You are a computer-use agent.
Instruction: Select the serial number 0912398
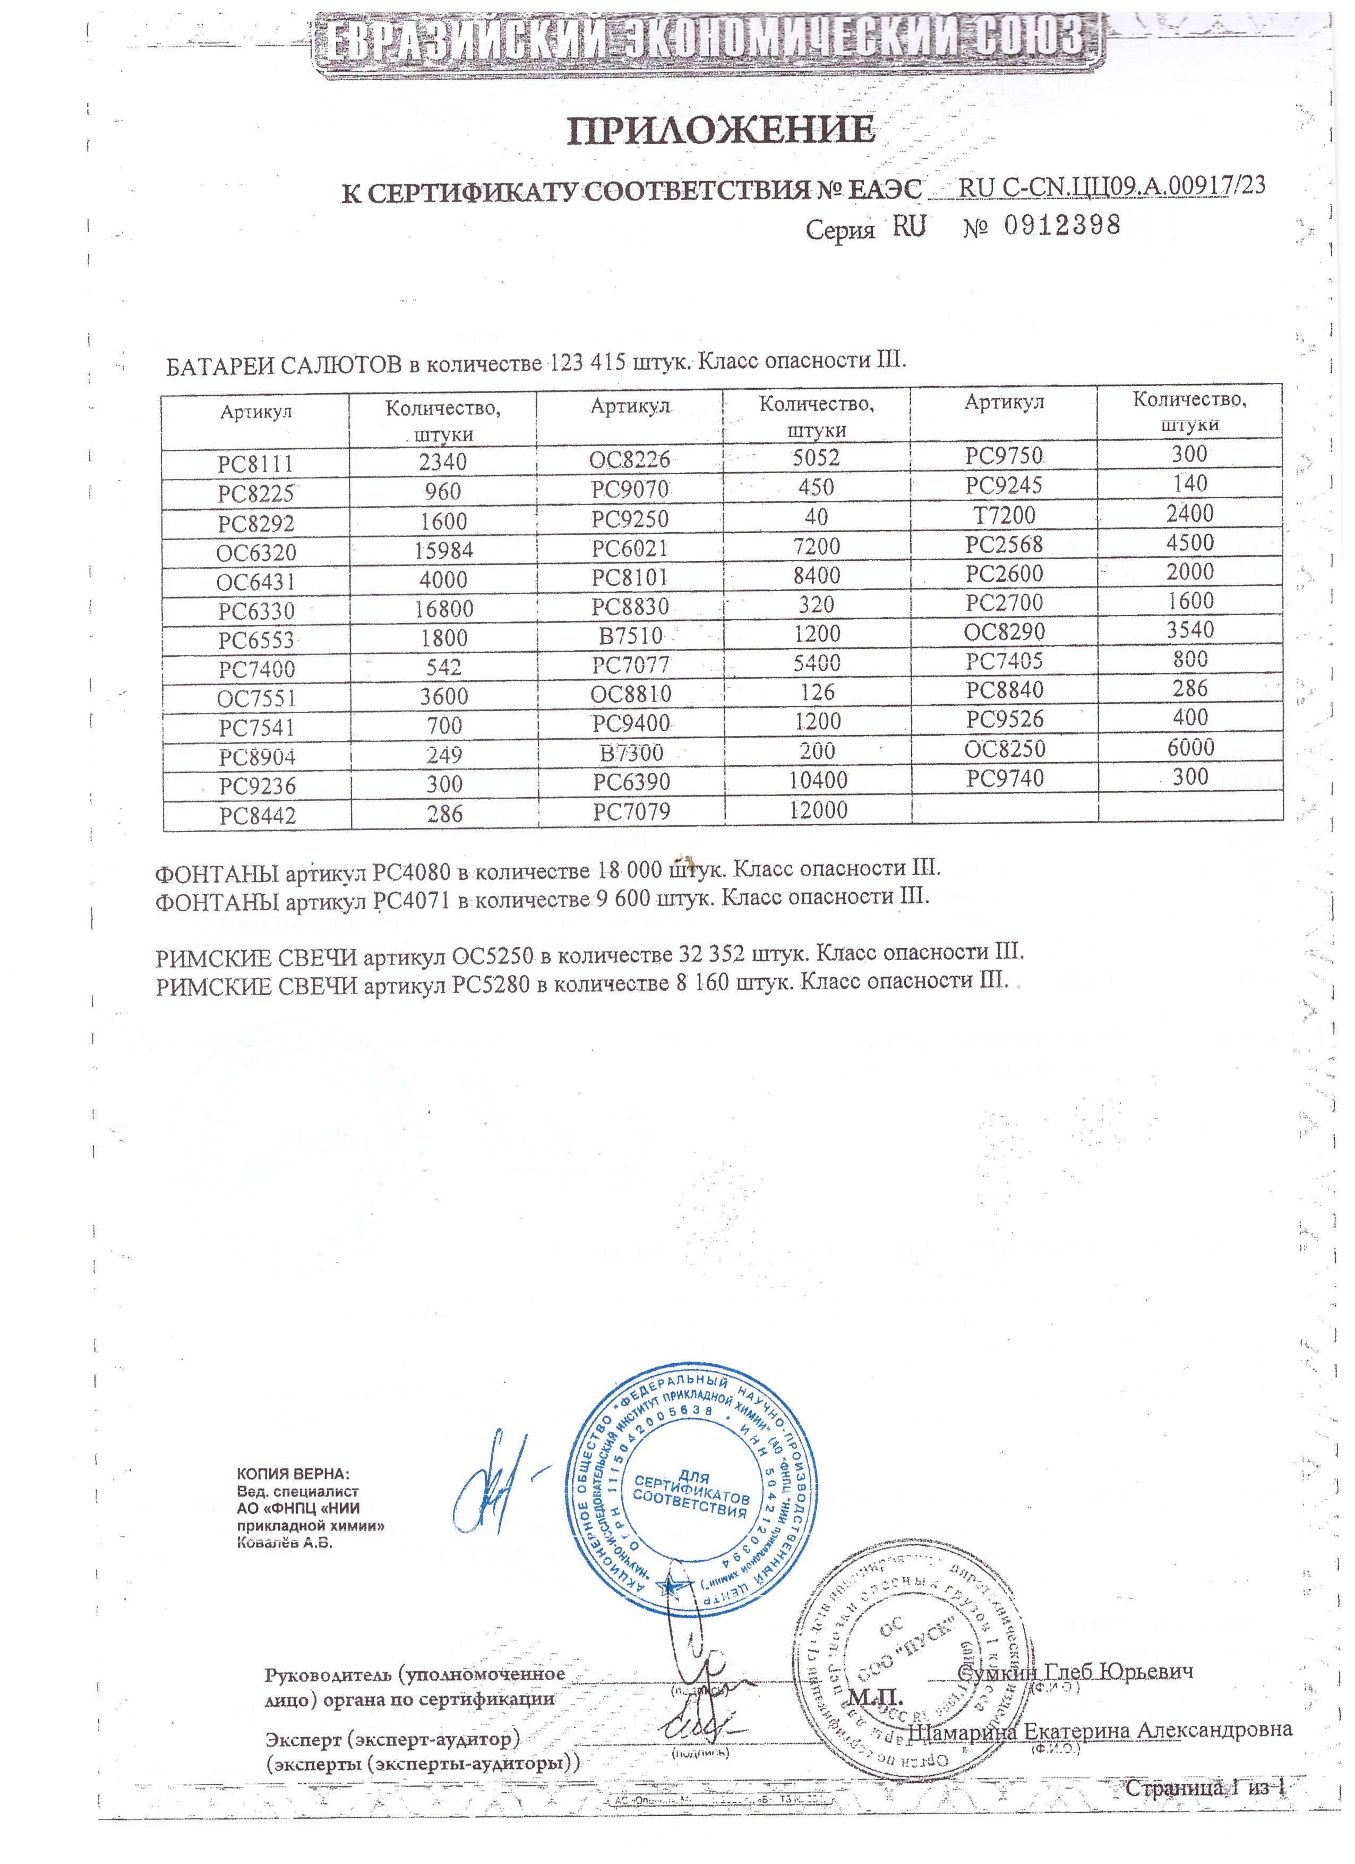[1062, 224]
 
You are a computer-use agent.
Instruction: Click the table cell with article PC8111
[255, 464]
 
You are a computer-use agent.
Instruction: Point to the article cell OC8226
[629, 459]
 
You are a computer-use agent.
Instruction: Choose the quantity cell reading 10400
[818, 780]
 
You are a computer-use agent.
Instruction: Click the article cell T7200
[1004, 515]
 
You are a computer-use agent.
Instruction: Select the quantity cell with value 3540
[1190, 630]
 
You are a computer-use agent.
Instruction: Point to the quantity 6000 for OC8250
[1190, 748]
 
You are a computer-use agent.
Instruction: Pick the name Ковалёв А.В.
[284, 1543]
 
